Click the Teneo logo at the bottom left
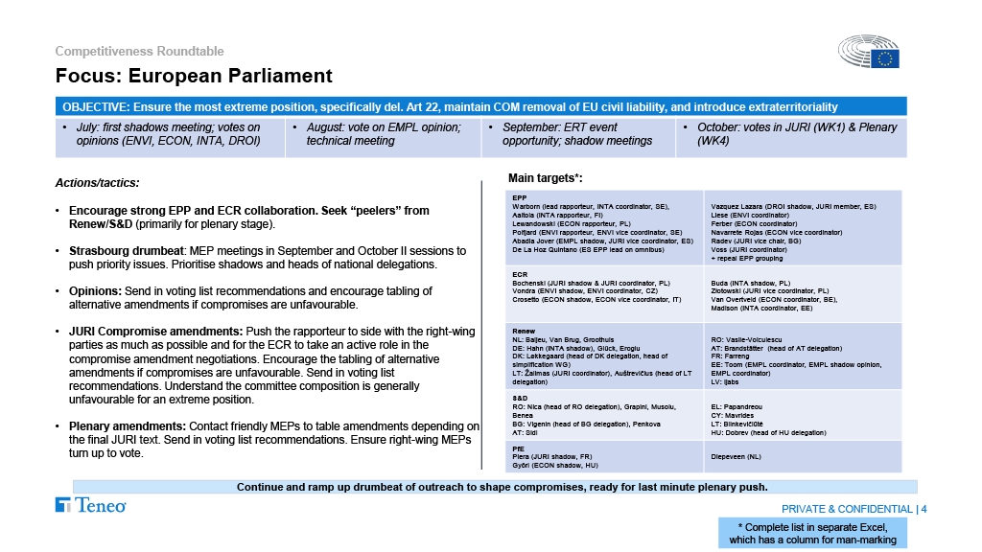tap(91, 505)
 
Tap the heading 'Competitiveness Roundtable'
tap(139, 51)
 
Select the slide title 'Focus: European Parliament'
tap(193, 76)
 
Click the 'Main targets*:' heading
tap(545, 177)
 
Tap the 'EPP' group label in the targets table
tap(519, 198)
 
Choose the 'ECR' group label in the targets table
tap(520, 274)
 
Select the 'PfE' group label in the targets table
tap(519, 448)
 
